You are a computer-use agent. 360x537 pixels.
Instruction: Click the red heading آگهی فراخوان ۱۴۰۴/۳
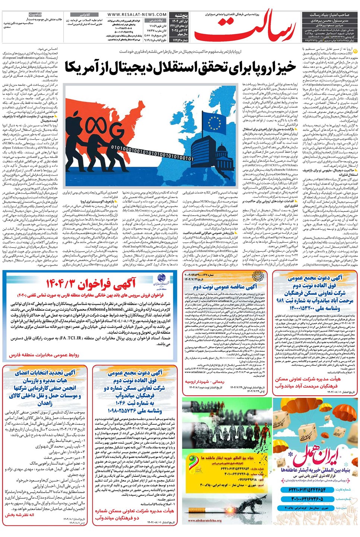[x=91, y=284]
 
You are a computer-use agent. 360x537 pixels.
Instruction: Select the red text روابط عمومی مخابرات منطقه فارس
[x=44, y=355]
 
